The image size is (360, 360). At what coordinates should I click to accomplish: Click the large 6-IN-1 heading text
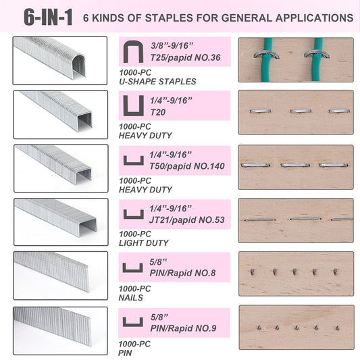tap(48, 17)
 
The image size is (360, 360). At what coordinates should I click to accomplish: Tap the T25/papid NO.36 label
tap(185, 57)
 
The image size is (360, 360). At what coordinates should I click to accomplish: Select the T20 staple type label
tap(158, 112)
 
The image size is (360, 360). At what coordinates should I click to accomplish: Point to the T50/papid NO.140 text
tap(187, 166)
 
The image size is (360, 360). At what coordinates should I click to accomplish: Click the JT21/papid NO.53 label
tap(187, 220)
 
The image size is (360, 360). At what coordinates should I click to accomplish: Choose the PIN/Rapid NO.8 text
tap(182, 273)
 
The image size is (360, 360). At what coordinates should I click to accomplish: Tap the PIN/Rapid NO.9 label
tap(183, 328)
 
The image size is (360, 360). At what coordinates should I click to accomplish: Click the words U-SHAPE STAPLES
tap(157, 82)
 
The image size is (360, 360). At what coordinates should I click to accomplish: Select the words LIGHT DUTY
tap(144, 243)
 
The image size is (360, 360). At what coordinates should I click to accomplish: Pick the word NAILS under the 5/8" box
tap(130, 298)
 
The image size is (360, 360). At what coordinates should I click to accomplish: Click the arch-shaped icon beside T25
tap(133, 52)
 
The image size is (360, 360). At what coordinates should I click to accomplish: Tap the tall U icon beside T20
tap(134, 105)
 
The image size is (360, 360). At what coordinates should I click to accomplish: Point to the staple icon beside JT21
tap(134, 214)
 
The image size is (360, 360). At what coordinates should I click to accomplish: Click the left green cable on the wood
tap(267, 59)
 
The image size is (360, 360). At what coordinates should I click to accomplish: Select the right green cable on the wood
tap(317, 59)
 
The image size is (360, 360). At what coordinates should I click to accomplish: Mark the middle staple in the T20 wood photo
tap(301, 111)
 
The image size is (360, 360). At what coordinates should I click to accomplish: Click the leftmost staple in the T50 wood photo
tap(255, 165)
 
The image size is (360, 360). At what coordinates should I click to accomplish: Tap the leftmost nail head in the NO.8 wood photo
tap(253, 272)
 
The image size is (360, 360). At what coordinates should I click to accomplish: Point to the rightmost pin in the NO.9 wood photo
tap(337, 328)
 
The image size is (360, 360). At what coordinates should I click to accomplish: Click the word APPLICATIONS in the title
tap(314, 18)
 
